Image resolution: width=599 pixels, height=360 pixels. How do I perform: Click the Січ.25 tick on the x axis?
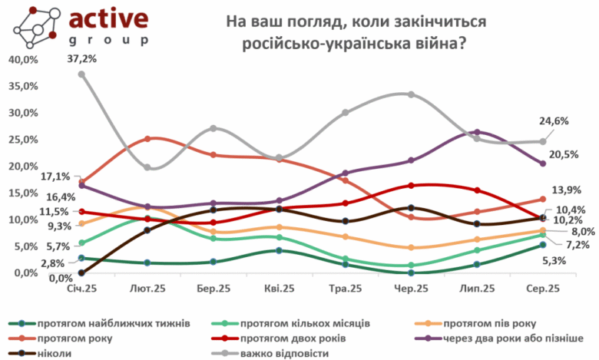point(81,289)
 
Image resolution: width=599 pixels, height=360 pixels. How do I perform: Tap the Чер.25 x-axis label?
point(412,289)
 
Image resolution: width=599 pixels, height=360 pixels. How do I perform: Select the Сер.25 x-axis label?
point(544,289)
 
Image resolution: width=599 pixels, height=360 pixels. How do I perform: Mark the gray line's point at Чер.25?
point(412,94)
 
